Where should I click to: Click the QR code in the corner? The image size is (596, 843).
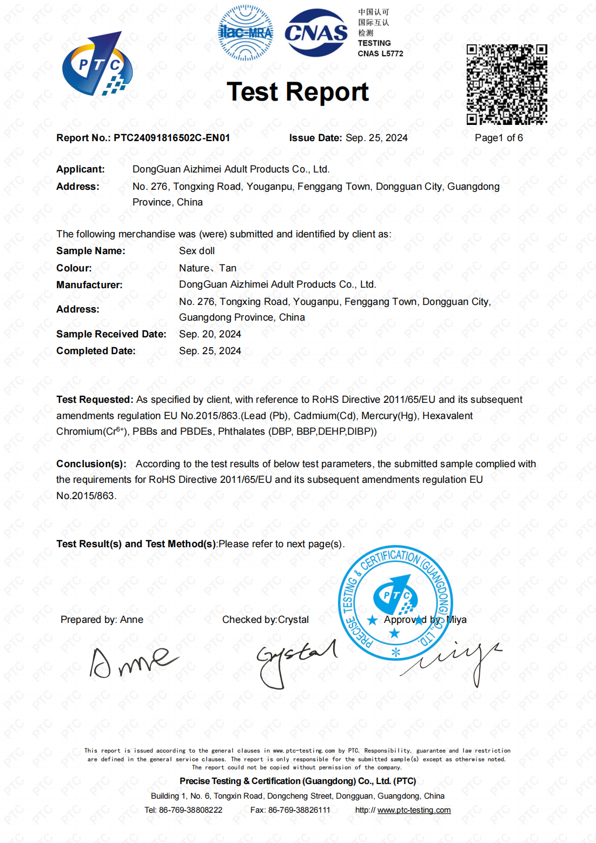[x=507, y=84]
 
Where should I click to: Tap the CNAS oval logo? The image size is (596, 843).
[x=316, y=33]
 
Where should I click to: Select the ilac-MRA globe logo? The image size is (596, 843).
[x=246, y=33]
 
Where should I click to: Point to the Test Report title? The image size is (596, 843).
[x=297, y=92]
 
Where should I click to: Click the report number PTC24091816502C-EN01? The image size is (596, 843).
[x=171, y=138]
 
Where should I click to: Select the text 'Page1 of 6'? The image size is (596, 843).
[x=499, y=138]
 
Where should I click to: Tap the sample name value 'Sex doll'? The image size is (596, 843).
[x=197, y=251]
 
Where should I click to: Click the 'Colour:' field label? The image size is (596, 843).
[x=74, y=268]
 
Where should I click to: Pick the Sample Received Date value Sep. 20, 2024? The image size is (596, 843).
[x=210, y=334]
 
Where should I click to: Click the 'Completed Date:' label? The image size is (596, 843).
[x=96, y=351]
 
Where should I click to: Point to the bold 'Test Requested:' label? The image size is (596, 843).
[x=95, y=400]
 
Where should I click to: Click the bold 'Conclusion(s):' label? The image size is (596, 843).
[x=91, y=464]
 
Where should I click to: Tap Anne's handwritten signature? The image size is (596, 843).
[x=133, y=661]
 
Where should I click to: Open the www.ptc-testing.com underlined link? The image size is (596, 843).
[x=414, y=810]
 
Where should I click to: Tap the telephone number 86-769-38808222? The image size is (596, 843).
[x=190, y=810]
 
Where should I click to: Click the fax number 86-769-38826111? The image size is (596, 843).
[x=299, y=810]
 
